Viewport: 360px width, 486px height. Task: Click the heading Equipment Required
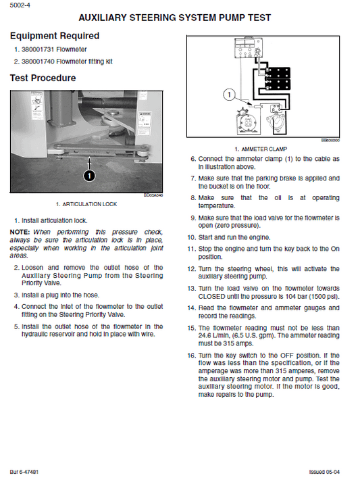click(x=54, y=36)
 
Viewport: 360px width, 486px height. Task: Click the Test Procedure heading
click(x=43, y=78)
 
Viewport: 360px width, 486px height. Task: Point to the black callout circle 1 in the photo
click(x=89, y=176)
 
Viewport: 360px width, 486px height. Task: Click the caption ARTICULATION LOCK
click(x=86, y=203)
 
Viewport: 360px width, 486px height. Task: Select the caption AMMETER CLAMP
click(x=263, y=149)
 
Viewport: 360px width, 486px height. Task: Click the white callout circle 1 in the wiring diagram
click(x=229, y=95)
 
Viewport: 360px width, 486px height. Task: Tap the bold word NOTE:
click(x=20, y=232)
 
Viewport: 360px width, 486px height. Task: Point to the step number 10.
click(x=191, y=237)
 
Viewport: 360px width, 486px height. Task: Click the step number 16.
click(x=191, y=355)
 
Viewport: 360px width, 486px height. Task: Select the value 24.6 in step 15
click(x=207, y=335)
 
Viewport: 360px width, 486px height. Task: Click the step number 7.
click(x=192, y=178)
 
